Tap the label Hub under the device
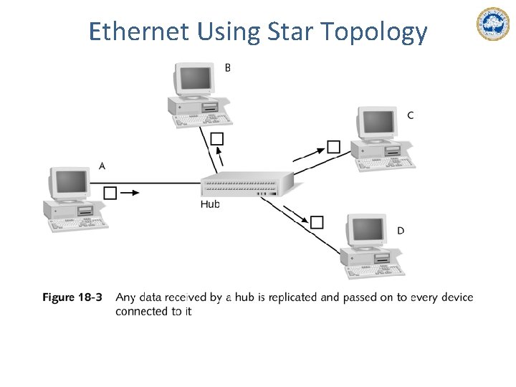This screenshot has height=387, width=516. [210, 204]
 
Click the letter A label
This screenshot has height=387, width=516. [102, 166]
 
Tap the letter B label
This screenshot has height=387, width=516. [228, 67]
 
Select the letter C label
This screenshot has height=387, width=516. [410, 115]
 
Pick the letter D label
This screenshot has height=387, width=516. [400, 231]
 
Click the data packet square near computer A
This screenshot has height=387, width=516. [110, 193]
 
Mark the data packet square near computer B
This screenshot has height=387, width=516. [218, 138]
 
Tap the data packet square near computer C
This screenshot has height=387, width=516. [333, 147]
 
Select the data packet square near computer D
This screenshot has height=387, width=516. [317, 222]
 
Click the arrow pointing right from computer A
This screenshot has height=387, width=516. [130, 193]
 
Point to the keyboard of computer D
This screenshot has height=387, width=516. [375, 272]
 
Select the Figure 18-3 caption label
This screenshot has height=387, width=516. [72, 297]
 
